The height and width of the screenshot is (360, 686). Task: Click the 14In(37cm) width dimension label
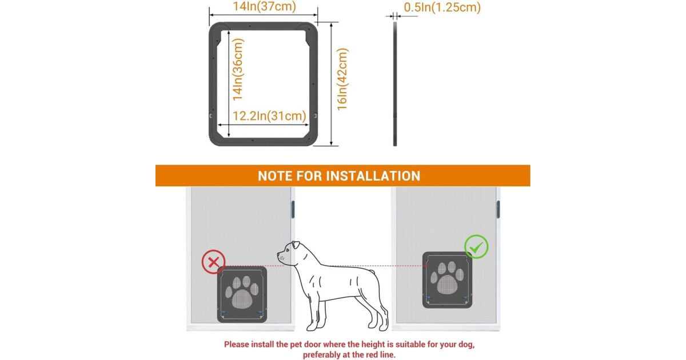point(265,6)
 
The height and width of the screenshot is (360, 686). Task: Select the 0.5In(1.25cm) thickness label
point(442,7)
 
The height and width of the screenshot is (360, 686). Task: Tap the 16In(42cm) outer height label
point(342,79)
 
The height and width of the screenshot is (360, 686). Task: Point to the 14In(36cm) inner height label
point(238,70)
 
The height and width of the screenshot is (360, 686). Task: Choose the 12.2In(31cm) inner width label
point(269,116)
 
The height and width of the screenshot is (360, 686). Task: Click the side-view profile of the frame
point(395,84)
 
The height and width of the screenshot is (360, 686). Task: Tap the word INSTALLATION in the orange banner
point(373,176)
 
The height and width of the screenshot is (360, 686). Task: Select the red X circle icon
point(213,262)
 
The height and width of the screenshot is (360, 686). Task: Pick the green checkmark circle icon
point(476,247)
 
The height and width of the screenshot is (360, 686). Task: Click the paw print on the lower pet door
point(242,292)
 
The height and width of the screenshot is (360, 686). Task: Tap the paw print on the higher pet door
point(447,277)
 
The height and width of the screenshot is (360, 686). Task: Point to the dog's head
point(291,254)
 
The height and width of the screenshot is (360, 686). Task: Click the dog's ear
point(296,245)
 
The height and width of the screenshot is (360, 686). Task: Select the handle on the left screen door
point(293,209)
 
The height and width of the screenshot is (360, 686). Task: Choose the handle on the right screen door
point(498,209)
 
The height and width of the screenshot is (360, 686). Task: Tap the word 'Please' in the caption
point(237,345)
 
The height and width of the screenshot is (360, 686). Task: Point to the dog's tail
point(371,271)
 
